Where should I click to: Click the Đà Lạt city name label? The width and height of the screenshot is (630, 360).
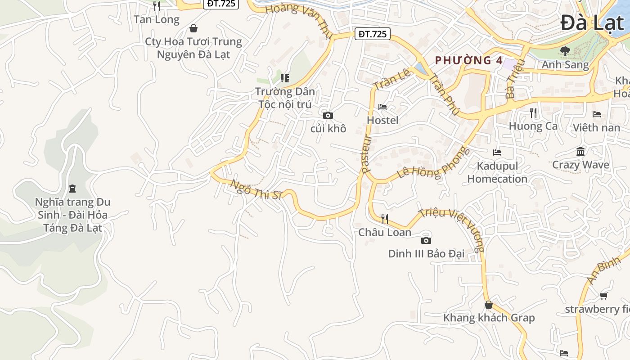[593, 23]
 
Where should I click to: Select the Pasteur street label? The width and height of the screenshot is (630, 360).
[366, 154]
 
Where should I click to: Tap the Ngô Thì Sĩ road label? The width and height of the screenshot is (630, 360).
[256, 189]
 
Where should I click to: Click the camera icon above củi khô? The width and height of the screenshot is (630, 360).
[328, 116]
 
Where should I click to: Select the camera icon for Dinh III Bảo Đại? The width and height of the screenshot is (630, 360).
[426, 241]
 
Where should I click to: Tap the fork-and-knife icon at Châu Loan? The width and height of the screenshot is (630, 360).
[385, 219]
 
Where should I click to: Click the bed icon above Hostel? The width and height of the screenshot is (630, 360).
[382, 107]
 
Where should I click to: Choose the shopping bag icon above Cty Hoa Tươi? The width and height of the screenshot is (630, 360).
[193, 29]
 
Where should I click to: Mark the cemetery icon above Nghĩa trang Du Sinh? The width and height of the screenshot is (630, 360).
[72, 188]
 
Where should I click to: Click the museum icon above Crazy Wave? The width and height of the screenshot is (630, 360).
[580, 152]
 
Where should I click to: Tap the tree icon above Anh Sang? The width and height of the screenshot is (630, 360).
[565, 51]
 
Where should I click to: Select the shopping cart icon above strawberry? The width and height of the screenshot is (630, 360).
[603, 296]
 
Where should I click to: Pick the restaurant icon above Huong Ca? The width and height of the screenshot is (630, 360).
[533, 113]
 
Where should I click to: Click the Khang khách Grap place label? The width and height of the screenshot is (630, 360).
[489, 318]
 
